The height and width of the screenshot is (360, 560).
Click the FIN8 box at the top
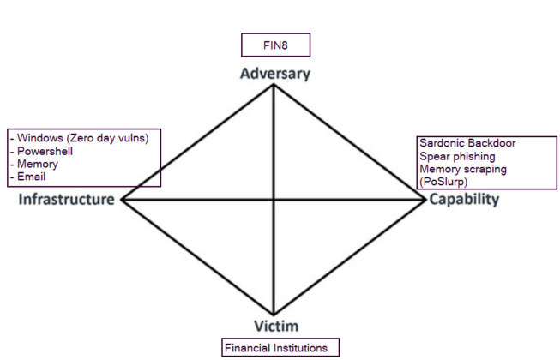pyautogui.click(x=274, y=45)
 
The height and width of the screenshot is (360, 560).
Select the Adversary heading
pyautogui.click(x=274, y=73)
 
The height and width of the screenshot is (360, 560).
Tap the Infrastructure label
pyautogui.click(x=66, y=199)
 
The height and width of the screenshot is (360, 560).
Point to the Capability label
pyautogui.click(x=464, y=199)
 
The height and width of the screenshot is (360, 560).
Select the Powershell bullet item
pyautogui.click(x=42, y=151)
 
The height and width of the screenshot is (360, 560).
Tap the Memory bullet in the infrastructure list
pyautogui.click(x=35, y=164)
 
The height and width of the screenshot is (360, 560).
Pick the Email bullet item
pyautogui.click(x=29, y=177)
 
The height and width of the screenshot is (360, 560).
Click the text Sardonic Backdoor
pyautogui.click(x=467, y=143)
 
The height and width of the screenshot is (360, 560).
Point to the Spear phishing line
pyautogui.click(x=457, y=156)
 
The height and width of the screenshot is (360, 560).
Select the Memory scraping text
pyautogui.click(x=462, y=169)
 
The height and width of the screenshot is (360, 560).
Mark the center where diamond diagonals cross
pyautogui.click(x=274, y=199)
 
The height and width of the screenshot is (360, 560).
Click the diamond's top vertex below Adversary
pyautogui.click(x=274, y=85)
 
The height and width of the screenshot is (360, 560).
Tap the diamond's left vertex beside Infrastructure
pyautogui.click(x=122, y=199)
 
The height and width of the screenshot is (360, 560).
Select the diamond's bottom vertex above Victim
pyautogui.click(x=274, y=315)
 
